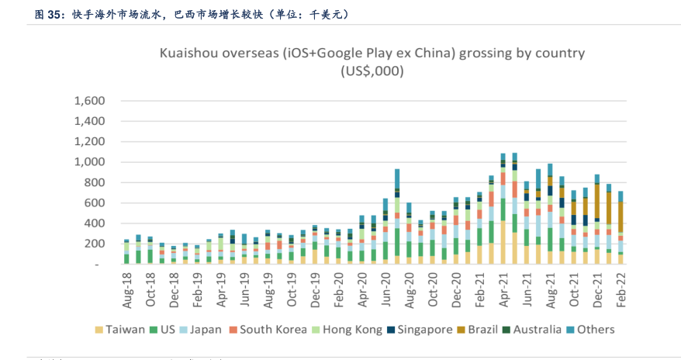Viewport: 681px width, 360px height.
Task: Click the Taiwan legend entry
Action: click(x=123, y=330)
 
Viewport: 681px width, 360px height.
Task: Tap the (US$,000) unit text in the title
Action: click(x=372, y=71)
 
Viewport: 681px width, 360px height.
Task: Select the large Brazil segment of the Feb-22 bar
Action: click(x=621, y=216)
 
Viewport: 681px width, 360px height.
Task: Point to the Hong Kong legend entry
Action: click(x=347, y=330)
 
